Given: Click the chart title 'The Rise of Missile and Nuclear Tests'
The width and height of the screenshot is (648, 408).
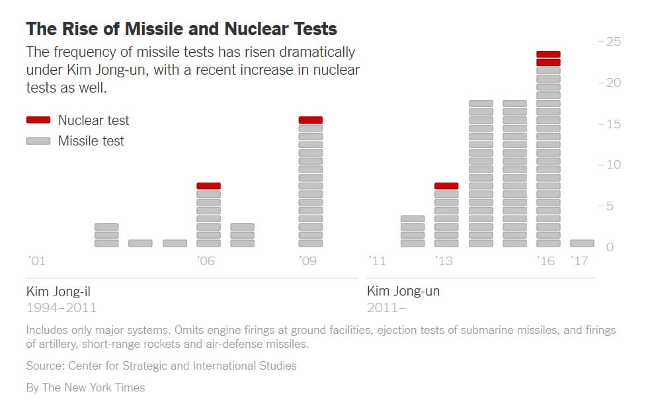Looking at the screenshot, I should (181, 29).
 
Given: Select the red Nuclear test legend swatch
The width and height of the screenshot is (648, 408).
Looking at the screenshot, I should (38, 120).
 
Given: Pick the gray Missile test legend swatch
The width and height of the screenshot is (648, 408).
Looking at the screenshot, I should (38, 141).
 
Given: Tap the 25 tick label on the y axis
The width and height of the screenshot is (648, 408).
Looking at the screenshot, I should (613, 41).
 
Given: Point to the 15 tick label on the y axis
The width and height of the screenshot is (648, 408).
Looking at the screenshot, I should (613, 124).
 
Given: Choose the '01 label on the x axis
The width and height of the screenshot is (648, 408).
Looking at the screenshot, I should (37, 261).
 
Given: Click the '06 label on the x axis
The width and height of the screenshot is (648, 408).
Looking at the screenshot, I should (206, 261).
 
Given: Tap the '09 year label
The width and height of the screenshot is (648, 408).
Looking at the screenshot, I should (308, 261).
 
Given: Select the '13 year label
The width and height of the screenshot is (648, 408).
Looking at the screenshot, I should (444, 261).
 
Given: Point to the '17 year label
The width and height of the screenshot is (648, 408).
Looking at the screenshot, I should (579, 261).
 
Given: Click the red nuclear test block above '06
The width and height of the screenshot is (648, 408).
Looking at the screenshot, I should (208, 186).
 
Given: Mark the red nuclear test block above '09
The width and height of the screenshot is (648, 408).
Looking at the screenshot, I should (310, 120).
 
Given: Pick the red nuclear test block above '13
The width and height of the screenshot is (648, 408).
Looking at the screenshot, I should (446, 186).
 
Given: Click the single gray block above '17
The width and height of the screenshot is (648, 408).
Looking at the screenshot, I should (582, 243).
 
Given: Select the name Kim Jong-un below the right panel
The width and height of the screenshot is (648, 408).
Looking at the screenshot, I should (403, 291).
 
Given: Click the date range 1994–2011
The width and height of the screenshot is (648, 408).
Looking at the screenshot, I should (61, 307).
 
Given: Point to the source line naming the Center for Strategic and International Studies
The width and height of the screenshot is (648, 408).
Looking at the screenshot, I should (161, 366).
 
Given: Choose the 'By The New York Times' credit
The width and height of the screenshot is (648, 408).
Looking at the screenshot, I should (85, 388).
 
